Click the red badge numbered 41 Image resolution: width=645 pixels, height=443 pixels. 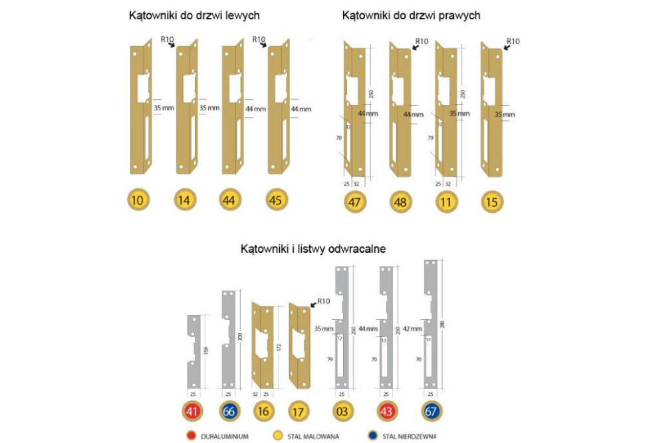pyautogui.click(x=193, y=412)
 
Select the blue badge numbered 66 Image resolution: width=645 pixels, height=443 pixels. pyautogui.click(x=229, y=412)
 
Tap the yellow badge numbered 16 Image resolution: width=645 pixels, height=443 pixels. pyautogui.click(x=263, y=412)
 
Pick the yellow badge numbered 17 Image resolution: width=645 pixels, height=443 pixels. pyautogui.click(x=299, y=412)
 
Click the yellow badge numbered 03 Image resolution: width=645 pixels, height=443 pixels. pyautogui.click(x=342, y=412)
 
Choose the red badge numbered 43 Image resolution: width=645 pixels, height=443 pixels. pyautogui.click(x=387, y=412)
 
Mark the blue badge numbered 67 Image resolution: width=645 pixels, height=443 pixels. pyautogui.click(x=432, y=412)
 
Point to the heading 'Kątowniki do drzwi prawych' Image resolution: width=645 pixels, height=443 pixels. pyautogui.click(x=411, y=15)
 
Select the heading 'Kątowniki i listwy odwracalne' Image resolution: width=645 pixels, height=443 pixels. pyautogui.click(x=313, y=249)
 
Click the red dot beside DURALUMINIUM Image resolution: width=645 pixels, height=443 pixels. pyautogui.click(x=192, y=436)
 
